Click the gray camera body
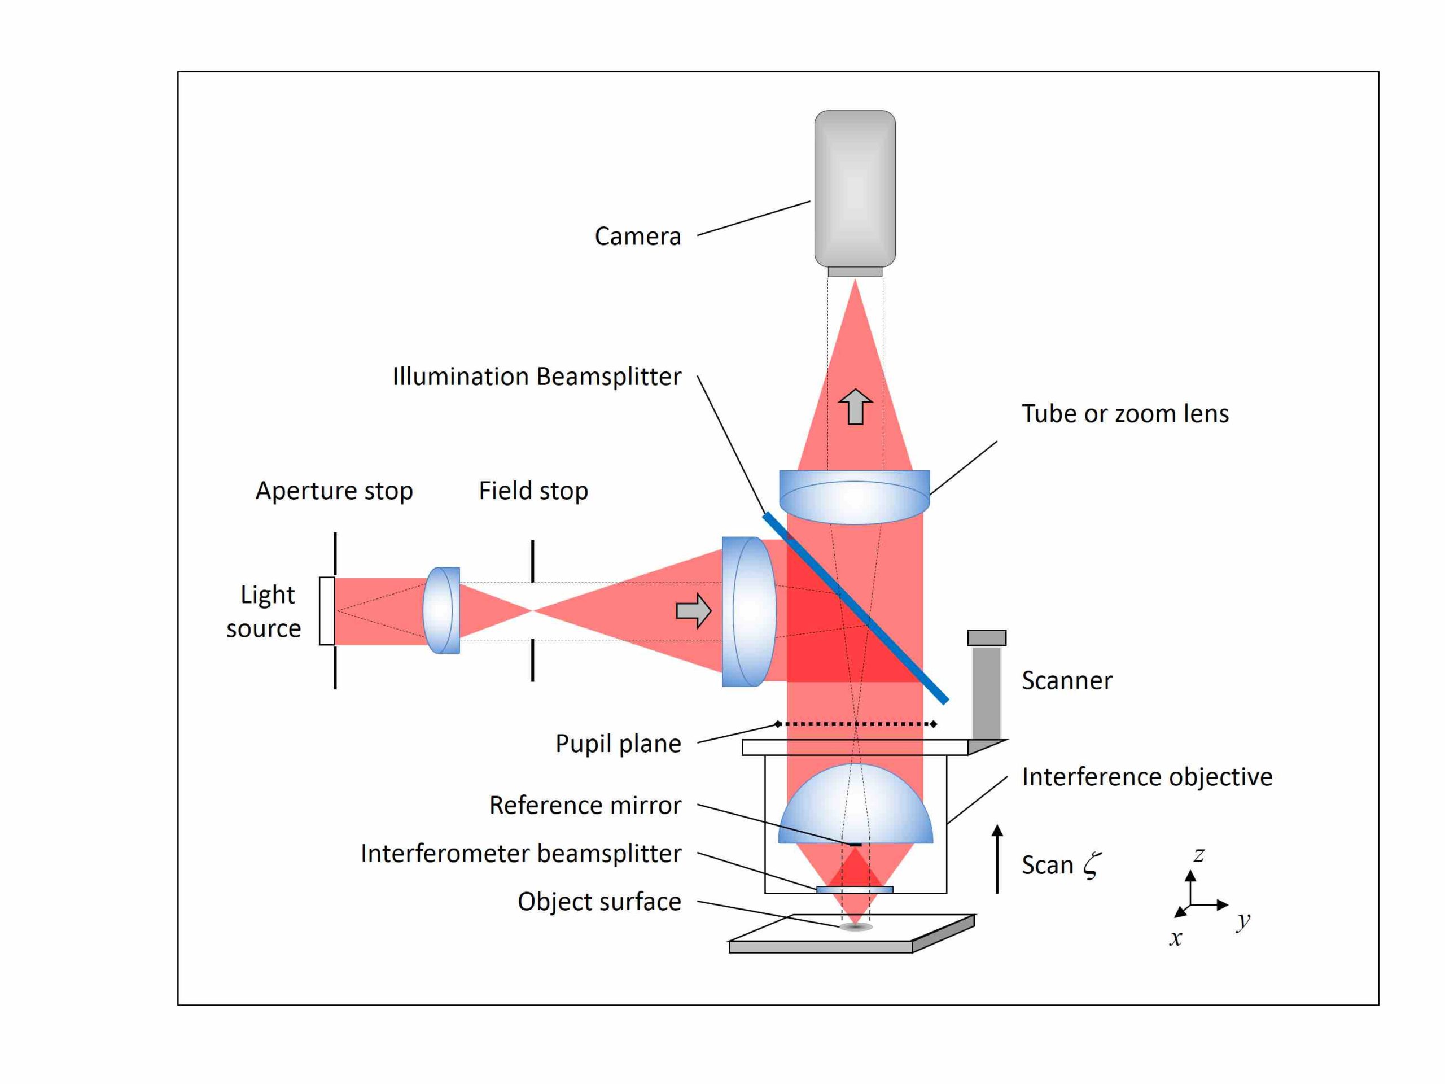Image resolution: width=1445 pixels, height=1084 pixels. coord(855,188)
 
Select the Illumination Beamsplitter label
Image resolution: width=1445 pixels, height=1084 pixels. coord(536,377)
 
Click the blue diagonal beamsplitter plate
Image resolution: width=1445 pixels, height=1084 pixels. coord(856,607)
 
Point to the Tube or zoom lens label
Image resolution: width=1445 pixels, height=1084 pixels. coord(1125,414)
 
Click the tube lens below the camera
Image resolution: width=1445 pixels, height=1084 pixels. coord(855,497)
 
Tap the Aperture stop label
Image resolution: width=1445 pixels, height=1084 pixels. coord(334,491)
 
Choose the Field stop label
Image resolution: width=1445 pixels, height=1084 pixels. coord(533,491)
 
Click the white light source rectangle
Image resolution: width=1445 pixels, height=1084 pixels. coord(327,611)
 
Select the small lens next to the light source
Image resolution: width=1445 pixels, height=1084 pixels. coord(441,610)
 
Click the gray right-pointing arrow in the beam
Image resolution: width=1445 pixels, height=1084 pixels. coord(693,611)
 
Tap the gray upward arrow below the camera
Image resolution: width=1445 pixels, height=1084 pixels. coord(855,406)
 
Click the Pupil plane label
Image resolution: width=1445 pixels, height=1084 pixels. coord(618,744)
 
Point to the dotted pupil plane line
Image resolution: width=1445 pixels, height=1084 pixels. coord(855,724)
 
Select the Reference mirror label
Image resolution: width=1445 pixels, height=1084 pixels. coord(585,805)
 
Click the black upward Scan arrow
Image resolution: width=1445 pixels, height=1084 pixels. coord(997,859)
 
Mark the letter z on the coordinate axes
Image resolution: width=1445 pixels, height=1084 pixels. coord(1198,855)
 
